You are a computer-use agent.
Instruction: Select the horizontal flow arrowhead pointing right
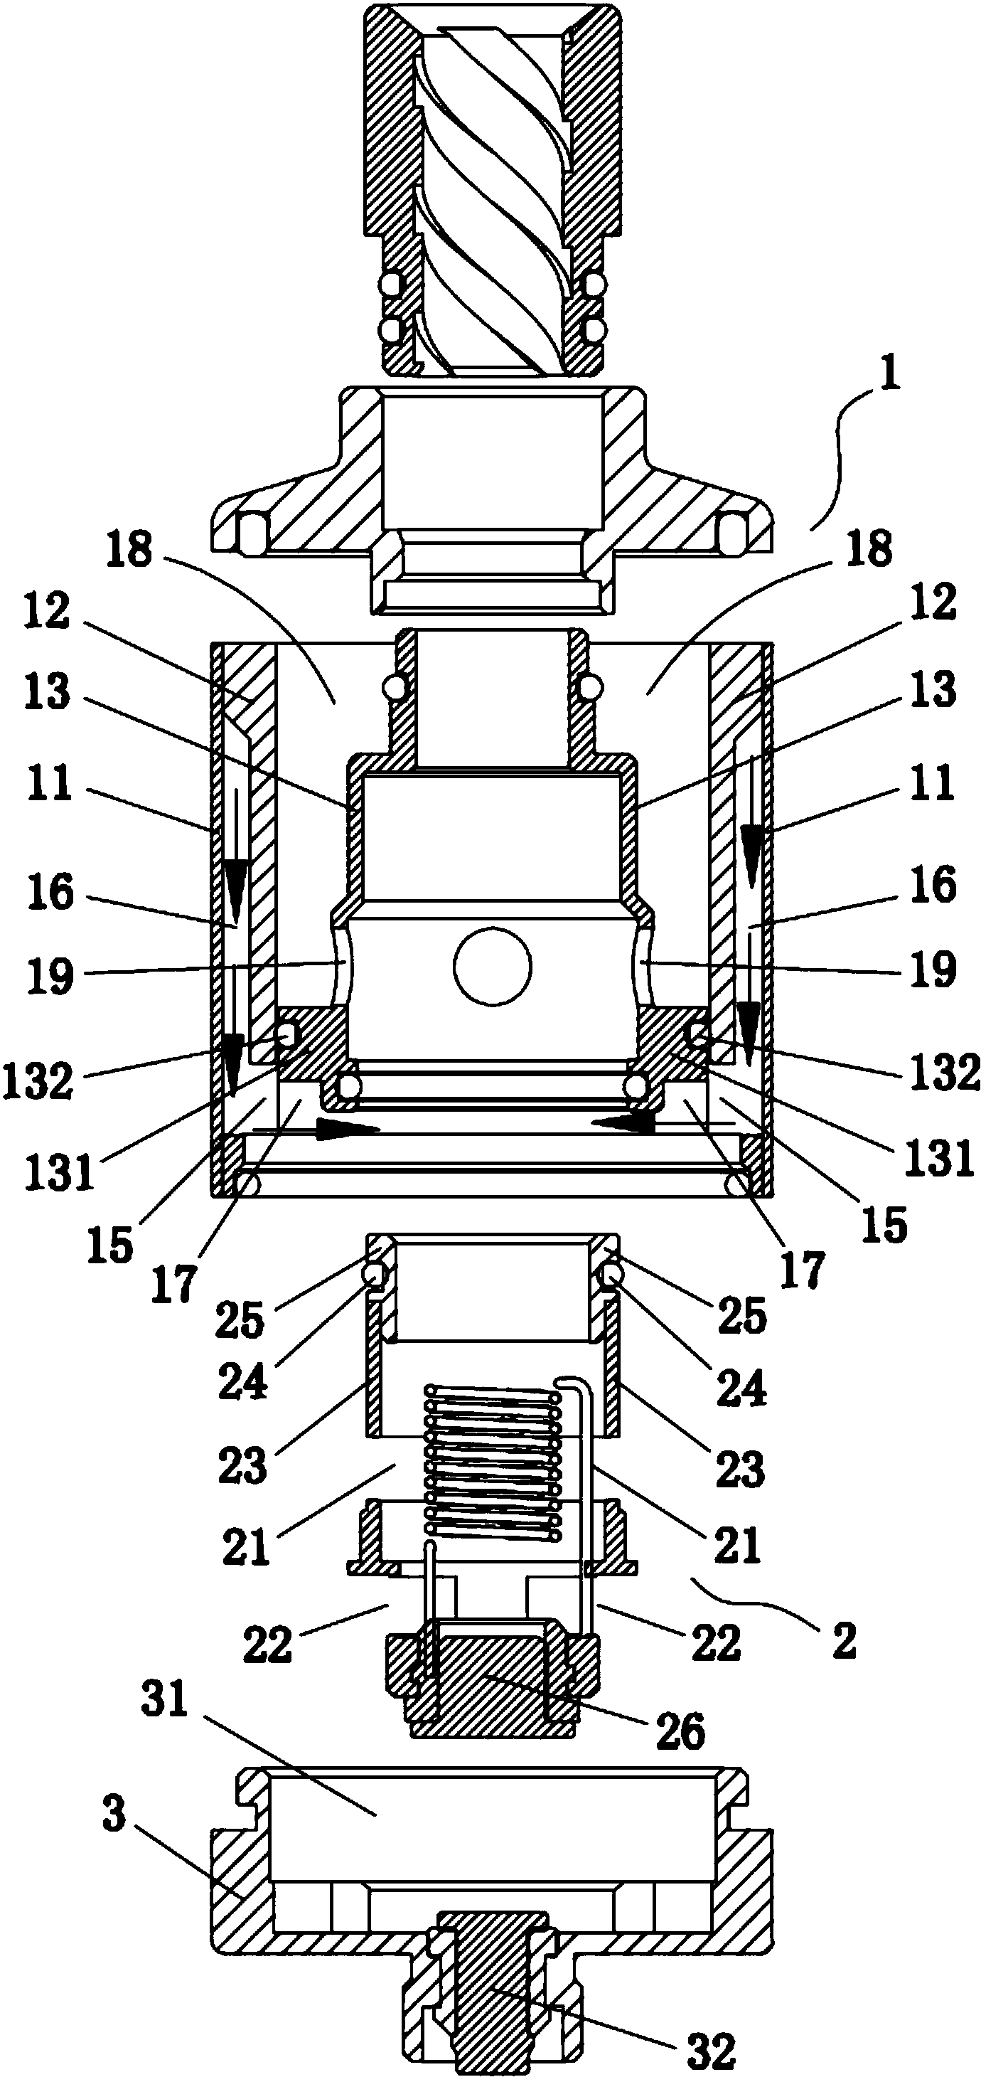click(x=348, y=1129)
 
